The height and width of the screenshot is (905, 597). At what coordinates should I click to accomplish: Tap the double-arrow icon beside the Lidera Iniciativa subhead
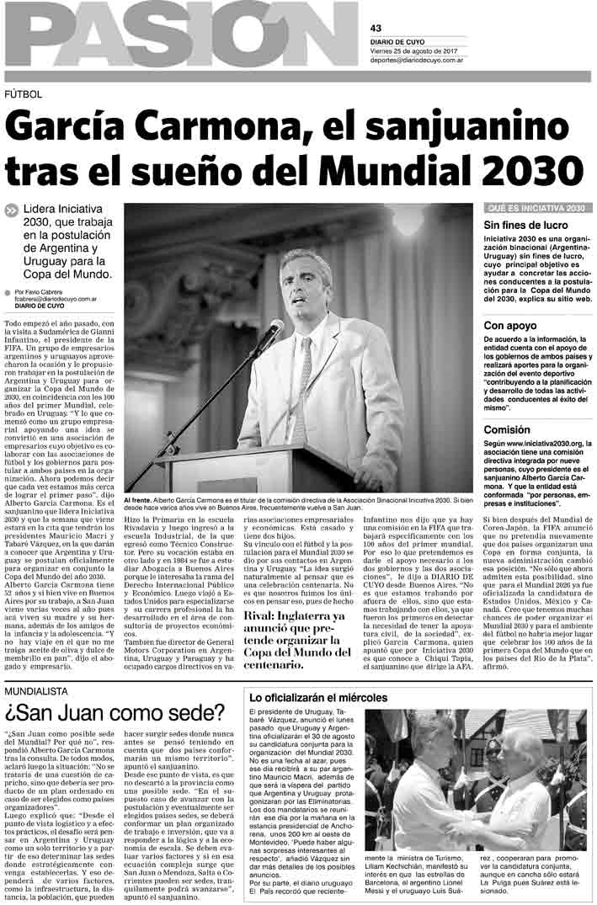point(12,210)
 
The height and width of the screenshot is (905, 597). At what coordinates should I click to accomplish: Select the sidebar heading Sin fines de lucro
point(525,226)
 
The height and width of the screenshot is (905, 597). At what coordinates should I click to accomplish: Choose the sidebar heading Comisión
point(507,429)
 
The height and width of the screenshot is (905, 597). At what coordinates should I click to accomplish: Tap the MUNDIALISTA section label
point(36,691)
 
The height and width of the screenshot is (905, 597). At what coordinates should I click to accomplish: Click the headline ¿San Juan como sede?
point(115,714)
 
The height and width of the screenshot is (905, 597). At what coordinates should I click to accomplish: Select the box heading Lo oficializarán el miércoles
point(318,698)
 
